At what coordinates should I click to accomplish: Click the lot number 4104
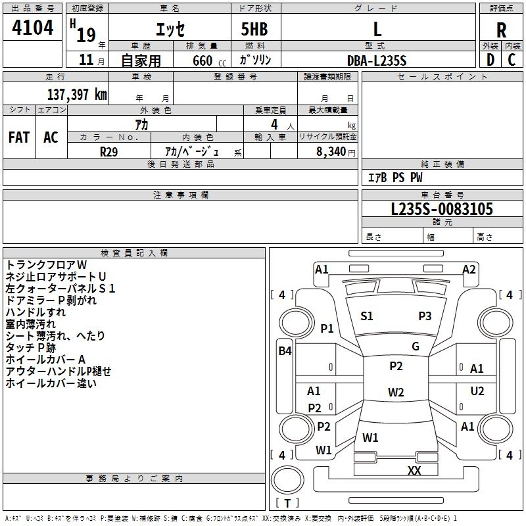(x=32, y=28)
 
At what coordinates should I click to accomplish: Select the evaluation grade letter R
(x=501, y=30)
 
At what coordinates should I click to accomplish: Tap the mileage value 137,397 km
(x=77, y=94)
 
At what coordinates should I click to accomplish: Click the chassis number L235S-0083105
(x=441, y=210)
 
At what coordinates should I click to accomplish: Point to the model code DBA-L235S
(x=377, y=60)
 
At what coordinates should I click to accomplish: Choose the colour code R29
(x=108, y=151)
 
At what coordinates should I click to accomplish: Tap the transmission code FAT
(x=18, y=137)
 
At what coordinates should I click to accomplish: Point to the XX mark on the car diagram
(x=414, y=470)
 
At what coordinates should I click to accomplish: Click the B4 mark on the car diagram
(x=284, y=351)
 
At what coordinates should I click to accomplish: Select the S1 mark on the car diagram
(x=367, y=316)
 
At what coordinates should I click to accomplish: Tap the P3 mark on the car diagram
(x=425, y=316)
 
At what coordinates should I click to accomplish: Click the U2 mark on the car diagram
(x=477, y=391)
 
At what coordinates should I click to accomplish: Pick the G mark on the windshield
(x=415, y=347)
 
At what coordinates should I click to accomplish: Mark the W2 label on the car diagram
(x=395, y=393)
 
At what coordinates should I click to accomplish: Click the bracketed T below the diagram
(x=287, y=504)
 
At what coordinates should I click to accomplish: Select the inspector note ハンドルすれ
(x=36, y=312)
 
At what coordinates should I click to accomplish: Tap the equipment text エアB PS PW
(x=394, y=178)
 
